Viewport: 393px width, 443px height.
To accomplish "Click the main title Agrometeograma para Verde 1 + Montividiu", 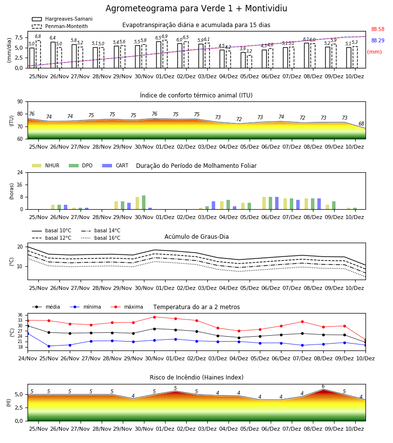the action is [x=196, y=8].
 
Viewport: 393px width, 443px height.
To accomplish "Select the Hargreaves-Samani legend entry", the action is [x=62, y=19].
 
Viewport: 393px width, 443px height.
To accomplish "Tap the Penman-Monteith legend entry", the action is [x=60, y=26].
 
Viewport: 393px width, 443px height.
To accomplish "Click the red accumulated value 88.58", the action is [x=378, y=30].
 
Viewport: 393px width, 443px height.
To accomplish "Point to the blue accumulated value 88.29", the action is [x=378, y=41].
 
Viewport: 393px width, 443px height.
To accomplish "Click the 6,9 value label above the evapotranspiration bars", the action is [x=165, y=36].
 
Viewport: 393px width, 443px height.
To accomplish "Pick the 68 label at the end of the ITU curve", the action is [x=361, y=124].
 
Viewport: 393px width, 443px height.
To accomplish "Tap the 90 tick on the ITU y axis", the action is [x=20, y=102].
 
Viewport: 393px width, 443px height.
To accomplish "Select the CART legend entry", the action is [x=115, y=165].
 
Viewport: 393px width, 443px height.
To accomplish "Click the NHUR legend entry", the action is [x=46, y=165].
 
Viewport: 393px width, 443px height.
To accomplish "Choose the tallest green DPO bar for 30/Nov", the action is [x=144, y=202].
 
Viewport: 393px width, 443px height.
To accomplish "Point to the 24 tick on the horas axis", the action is [x=20, y=172].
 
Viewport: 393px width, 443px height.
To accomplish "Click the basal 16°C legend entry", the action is [x=101, y=238].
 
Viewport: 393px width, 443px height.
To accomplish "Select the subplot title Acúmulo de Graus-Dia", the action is [x=196, y=237].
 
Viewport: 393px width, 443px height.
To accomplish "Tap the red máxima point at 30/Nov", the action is [x=154, y=317].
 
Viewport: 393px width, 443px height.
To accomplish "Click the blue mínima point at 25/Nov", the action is [x=49, y=346].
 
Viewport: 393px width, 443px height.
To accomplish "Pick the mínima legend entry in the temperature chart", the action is [x=85, y=307].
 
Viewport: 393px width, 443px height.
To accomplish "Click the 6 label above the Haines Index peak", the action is [x=323, y=386].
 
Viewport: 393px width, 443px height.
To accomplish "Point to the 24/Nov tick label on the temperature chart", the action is [x=28, y=358].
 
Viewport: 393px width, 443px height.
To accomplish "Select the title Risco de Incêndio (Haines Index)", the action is [x=196, y=378].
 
